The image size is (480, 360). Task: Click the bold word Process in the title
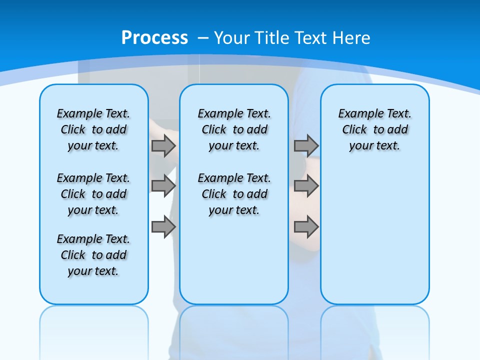[154, 37]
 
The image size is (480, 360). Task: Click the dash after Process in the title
[203, 38]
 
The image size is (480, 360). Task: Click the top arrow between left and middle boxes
[163, 145]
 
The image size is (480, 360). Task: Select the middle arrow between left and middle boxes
[163, 186]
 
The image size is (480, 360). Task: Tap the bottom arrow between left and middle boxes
[163, 226]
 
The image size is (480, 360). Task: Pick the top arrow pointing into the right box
[306, 145]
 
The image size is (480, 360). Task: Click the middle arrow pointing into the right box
[306, 186]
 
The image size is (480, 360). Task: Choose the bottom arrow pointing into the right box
[306, 226]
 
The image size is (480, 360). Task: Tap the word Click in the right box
[354, 130]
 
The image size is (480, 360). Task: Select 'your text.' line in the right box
[374, 146]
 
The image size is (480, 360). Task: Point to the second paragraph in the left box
[93, 194]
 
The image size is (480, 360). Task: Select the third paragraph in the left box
[93, 255]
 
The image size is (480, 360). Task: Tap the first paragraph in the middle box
[234, 130]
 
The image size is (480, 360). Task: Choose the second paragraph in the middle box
[234, 194]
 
